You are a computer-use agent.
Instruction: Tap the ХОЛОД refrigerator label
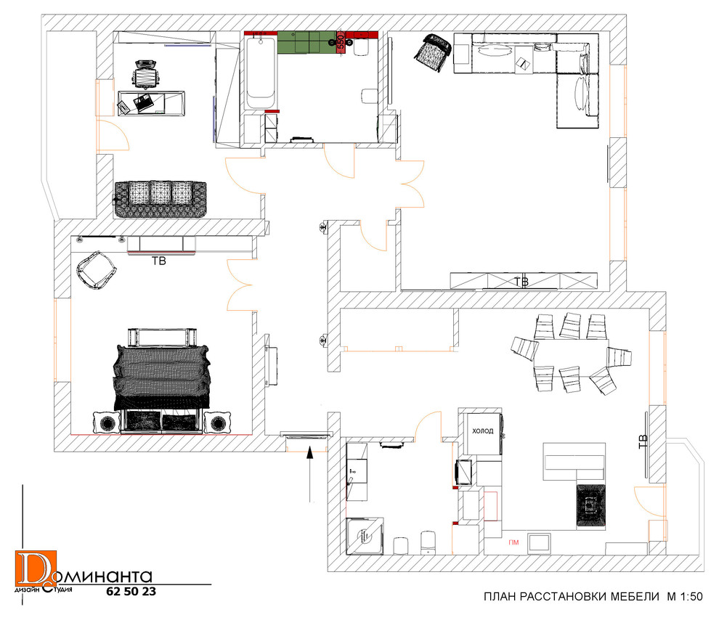coord(483,431)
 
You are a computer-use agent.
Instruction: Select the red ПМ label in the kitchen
coord(513,542)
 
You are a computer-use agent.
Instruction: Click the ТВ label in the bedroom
coord(158,261)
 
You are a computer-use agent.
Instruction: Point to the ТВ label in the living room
coord(521,282)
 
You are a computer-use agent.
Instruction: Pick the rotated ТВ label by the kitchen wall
coord(643,441)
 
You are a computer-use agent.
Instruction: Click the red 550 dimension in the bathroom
coord(341,41)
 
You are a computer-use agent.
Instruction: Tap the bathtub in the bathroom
coord(261,73)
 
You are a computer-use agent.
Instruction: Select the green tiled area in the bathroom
coord(307,42)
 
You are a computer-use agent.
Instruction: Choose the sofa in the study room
coord(160,199)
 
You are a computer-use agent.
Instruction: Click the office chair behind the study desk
coord(146,73)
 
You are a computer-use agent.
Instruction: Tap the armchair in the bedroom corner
coord(97,270)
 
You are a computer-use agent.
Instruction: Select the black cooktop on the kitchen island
coord(591,505)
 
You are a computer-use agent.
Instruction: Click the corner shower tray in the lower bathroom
coord(365,536)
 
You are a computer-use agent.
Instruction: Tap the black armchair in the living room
coord(433,52)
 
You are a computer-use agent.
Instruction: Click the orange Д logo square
coord(36,568)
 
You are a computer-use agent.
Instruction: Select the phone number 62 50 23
coord(131,592)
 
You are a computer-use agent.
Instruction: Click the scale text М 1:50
coord(685,597)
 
